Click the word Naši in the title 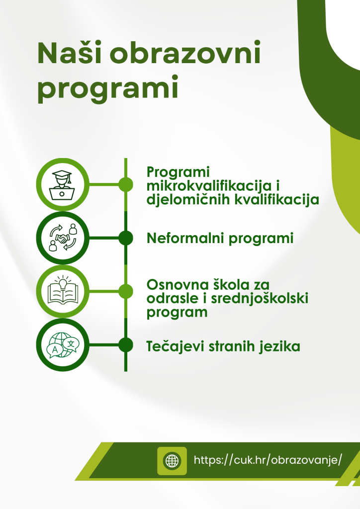[70, 52]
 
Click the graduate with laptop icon [62, 185]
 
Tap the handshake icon [63, 238]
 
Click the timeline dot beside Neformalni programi [126, 238]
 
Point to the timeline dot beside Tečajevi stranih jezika [126, 345]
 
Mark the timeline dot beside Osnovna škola [126, 291]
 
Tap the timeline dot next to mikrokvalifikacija [126, 184]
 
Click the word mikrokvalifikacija [209, 186]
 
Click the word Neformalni [185, 238]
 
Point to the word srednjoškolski [260, 298]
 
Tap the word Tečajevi [176, 346]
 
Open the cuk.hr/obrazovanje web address [268, 460]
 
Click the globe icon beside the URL [172, 461]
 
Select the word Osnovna [178, 285]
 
